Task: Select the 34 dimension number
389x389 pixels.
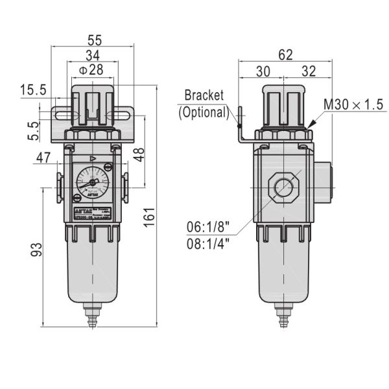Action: click(x=93, y=55)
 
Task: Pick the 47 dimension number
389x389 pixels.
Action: click(x=43, y=158)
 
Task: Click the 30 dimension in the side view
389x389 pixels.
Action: click(x=263, y=70)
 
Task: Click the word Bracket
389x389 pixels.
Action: click(x=204, y=95)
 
